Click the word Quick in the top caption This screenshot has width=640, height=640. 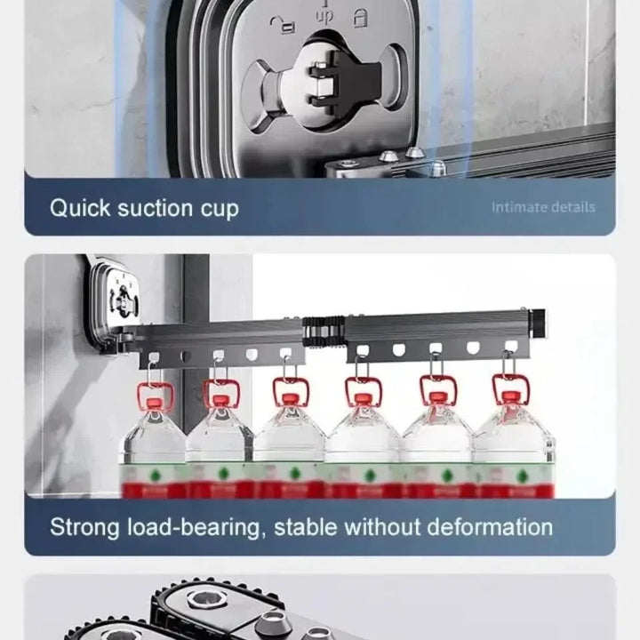[78, 209]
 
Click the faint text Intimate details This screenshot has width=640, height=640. [543, 207]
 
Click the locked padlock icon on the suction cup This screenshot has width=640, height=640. [361, 18]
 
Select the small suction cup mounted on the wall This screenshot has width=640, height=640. [115, 298]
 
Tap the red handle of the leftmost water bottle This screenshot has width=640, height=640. [154, 391]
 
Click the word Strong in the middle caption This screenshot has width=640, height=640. [85, 526]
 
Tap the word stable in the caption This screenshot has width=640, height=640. [306, 526]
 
